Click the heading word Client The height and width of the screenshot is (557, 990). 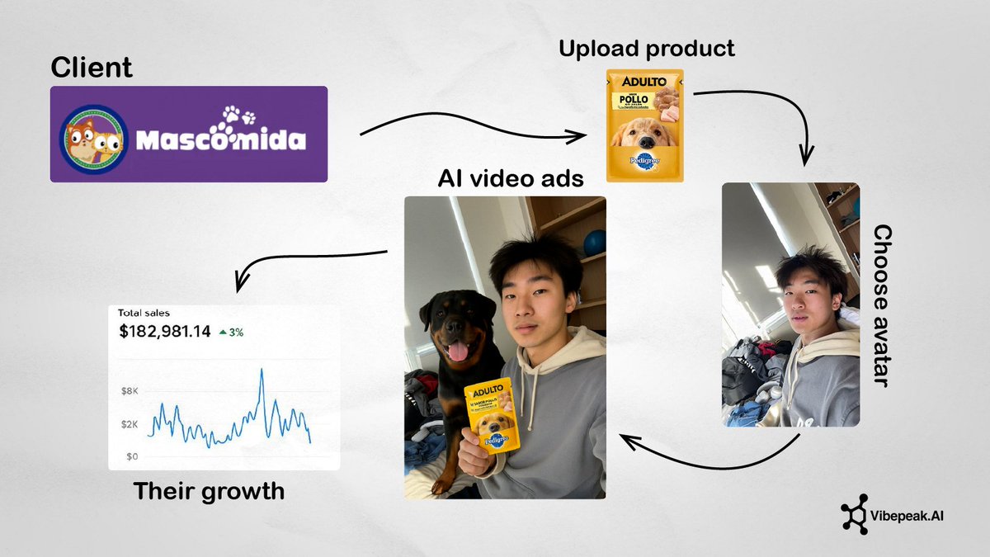click(92, 66)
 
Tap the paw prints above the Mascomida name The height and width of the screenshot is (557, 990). click(239, 116)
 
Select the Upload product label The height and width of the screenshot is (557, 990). click(646, 49)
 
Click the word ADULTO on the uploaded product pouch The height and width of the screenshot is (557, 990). click(643, 82)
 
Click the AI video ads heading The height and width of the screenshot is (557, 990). click(511, 179)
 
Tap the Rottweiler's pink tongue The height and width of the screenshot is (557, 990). click(456, 352)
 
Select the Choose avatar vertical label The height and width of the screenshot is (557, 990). click(882, 305)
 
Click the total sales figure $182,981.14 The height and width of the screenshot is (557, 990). click(164, 332)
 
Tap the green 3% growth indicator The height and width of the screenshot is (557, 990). click(231, 333)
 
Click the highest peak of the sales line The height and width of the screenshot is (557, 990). click(262, 370)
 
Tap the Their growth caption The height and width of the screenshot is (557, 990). click(209, 491)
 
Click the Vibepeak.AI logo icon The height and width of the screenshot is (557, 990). click(855, 517)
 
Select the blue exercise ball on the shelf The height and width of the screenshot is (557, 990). click(595, 242)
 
